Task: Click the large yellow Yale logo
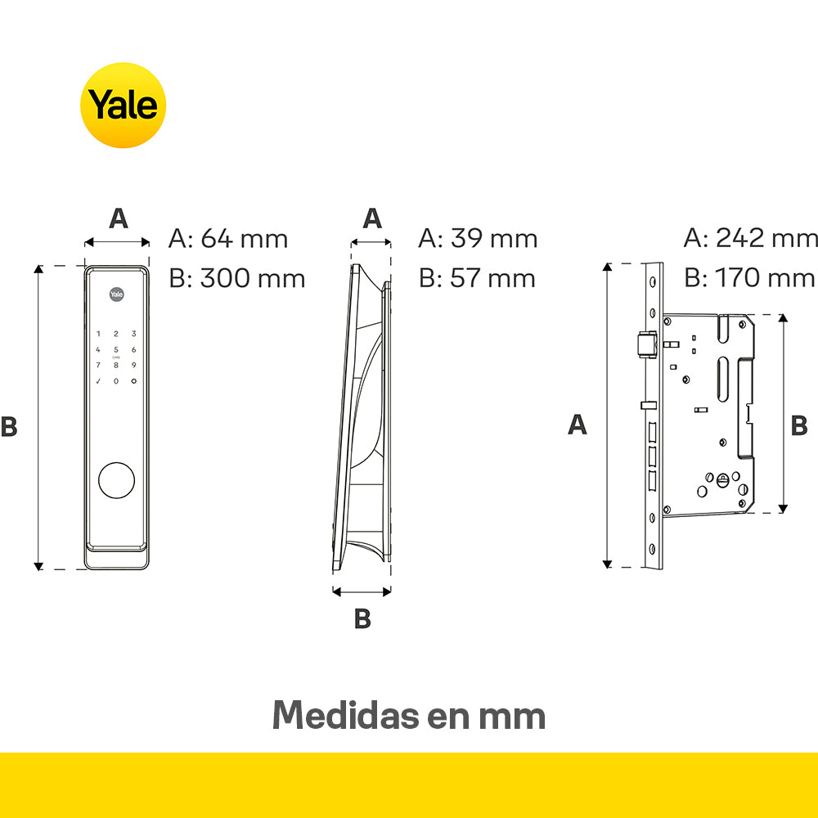pyautogui.click(x=124, y=106)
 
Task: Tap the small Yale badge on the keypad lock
pyautogui.click(x=116, y=294)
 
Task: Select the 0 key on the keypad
pyautogui.click(x=116, y=381)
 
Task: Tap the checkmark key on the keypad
pyautogui.click(x=98, y=381)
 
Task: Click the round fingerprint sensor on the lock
pyautogui.click(x=116, y=480)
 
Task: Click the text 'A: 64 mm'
pyautogui.click(x=228, y=239)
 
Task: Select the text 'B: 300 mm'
pyautogui.click(x=237, y=278)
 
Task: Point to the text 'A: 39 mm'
pyautogui.click(x=478, y=238)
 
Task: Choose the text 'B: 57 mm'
pyautogui.click(x=477, y=278)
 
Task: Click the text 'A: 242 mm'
pyautogui.click(x=751, y=238)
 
